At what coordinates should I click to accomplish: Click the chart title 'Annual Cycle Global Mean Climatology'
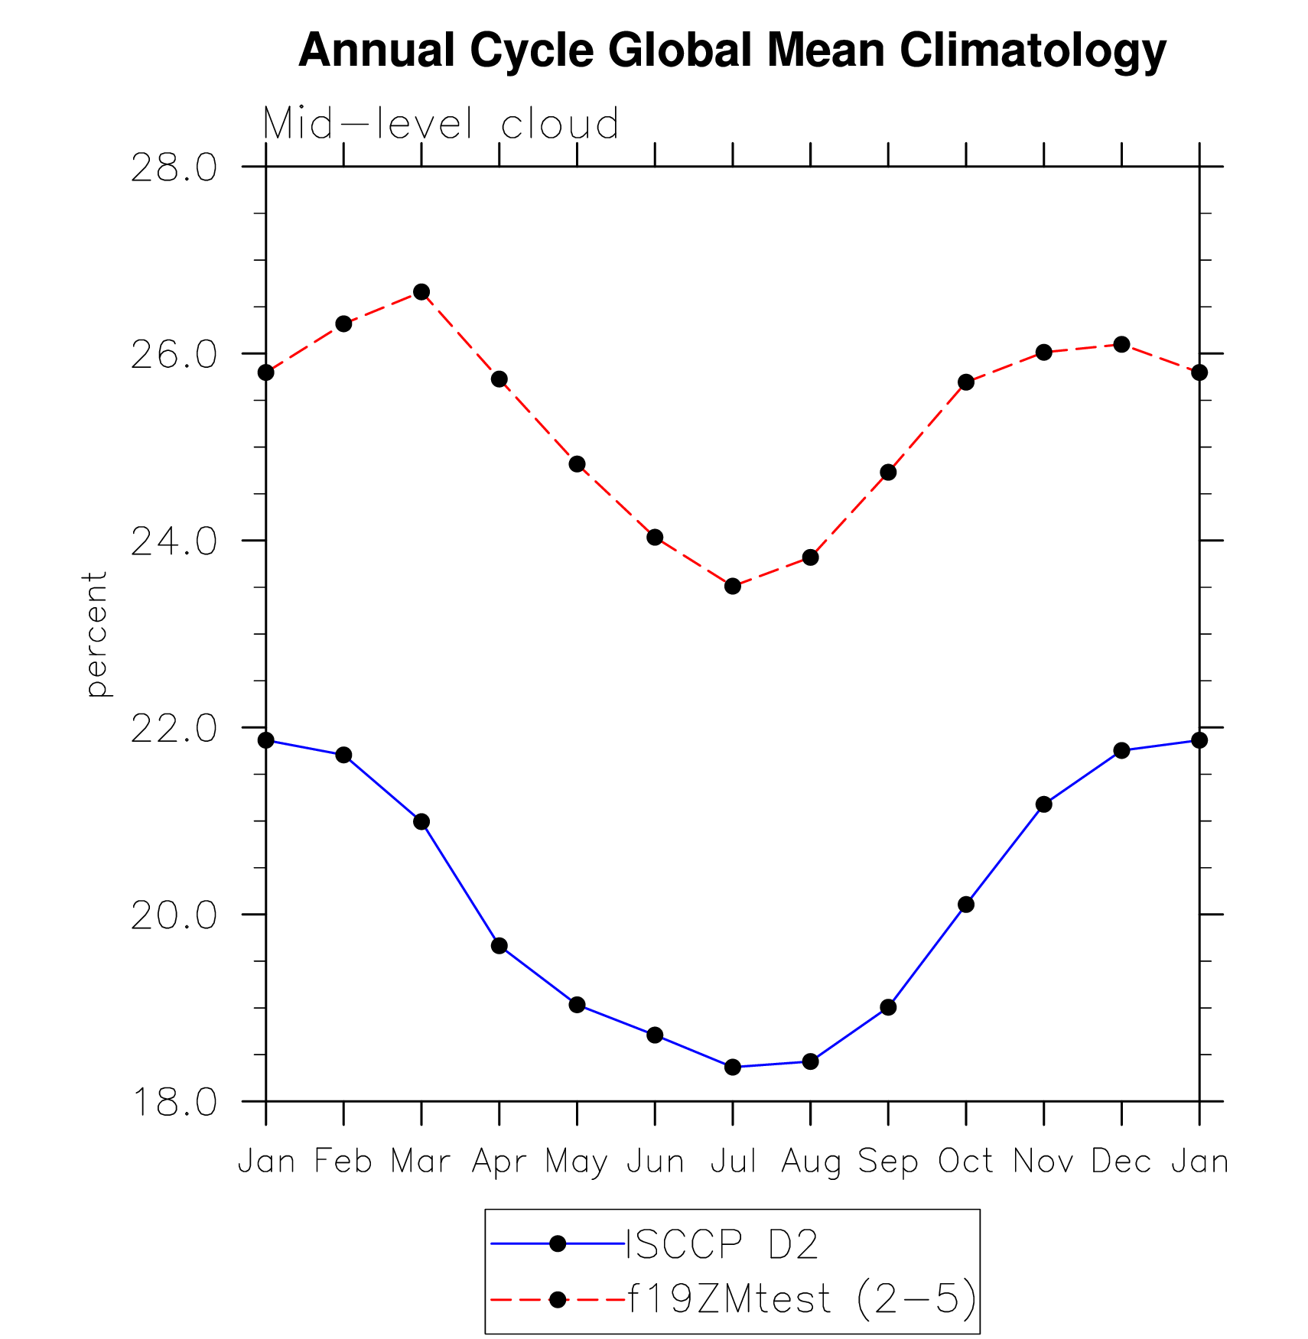[732, 50]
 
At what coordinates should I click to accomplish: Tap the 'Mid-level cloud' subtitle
[441, 124]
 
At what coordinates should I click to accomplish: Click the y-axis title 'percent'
[96, 634]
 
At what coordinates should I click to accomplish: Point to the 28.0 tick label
[174, 167]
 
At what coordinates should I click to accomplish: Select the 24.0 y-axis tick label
[174, 541]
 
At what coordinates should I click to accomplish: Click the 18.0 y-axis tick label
[174, 1102]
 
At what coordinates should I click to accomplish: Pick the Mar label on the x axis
[421, 1162]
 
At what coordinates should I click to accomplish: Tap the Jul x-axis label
[733, 1162]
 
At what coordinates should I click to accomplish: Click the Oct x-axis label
[966, 1162]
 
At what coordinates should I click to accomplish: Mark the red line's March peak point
[421, 292]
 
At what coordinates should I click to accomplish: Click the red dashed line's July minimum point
[733, 587]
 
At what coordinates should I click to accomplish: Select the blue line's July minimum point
[733, 1067]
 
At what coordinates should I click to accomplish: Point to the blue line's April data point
[499, 946]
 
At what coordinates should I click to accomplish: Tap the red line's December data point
[1122, 345]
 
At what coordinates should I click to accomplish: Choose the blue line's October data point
[966, 905]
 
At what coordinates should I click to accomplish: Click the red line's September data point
[888, 473]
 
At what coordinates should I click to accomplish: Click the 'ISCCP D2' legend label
[722, 1245]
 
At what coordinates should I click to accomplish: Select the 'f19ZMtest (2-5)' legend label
[802, 1299]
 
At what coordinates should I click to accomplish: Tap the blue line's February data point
[343, 756]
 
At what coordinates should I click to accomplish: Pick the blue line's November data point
[1044, 804]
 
